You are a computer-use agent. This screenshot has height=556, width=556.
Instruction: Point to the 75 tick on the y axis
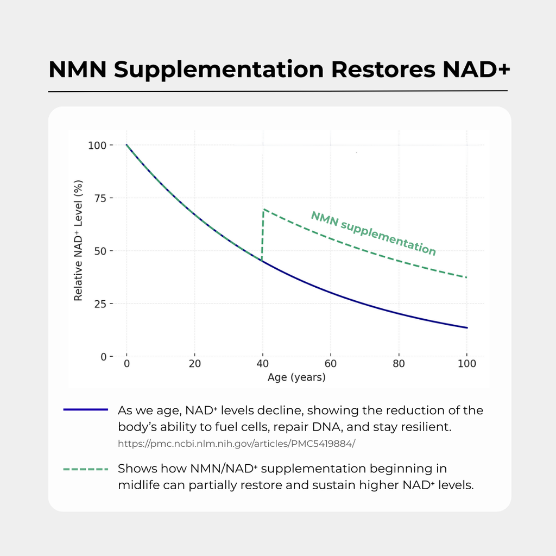(x=100, y=198)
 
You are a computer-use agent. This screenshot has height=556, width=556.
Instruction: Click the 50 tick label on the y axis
(x=100, y=251)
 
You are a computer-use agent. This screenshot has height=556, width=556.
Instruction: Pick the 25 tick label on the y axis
(x=100, y=304)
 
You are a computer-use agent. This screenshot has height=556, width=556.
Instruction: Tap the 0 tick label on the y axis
(x=103, y=357)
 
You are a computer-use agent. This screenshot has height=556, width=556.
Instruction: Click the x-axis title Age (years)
(x=296, y=377)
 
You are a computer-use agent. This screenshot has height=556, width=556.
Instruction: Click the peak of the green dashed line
(x=263, y=209)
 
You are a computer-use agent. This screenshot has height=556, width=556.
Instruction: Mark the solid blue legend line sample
(x=85, y=410)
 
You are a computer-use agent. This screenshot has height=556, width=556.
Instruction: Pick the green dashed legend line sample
(x=85, y=469)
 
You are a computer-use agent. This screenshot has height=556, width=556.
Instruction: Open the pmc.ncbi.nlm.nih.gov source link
(x=237, y=443)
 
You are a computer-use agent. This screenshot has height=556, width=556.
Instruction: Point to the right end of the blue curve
(x=466, y=327)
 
